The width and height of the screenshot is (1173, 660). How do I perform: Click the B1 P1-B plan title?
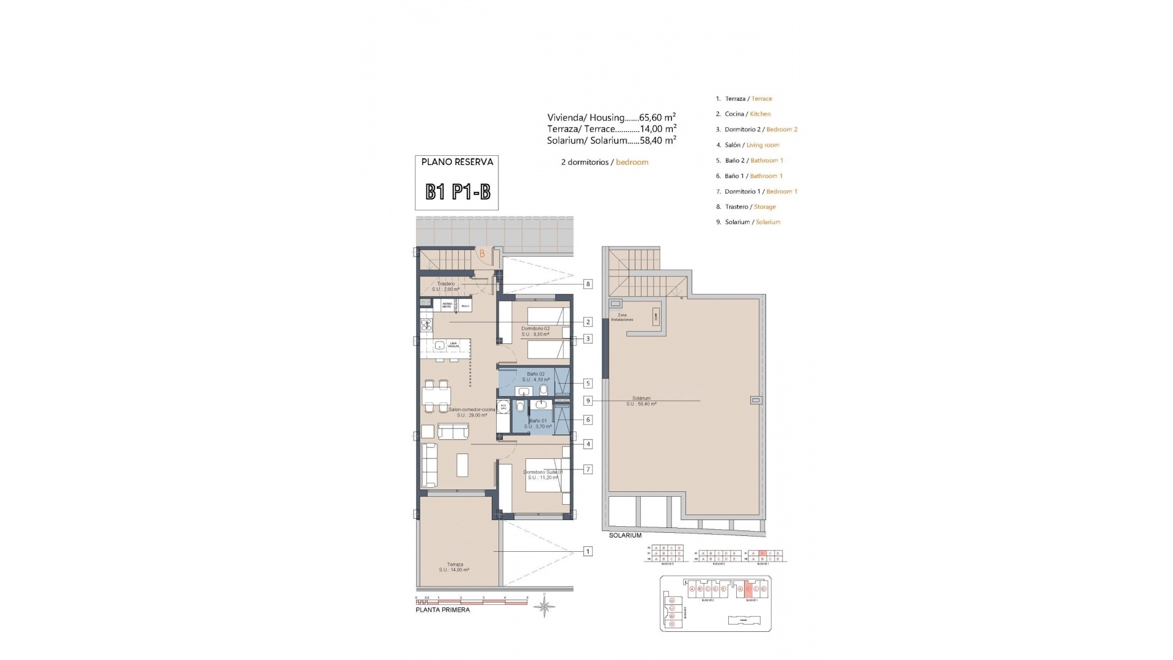[458, 193]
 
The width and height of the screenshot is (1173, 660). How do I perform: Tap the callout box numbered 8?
[588, 284]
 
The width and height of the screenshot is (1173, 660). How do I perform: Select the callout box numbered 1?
[588, 551]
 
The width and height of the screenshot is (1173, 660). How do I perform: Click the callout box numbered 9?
[588, 401]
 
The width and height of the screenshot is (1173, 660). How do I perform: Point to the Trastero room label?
[446, 286]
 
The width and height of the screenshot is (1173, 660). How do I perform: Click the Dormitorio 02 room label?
[536, 331]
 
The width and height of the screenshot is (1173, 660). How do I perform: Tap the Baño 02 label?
[536, 376]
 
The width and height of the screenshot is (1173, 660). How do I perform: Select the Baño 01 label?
[538, 424]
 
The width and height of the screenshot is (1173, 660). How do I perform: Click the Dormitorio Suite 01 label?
[543, 474]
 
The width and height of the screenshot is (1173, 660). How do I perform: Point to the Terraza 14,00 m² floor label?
[454, 567]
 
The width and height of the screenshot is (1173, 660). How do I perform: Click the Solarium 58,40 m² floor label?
[641, 401]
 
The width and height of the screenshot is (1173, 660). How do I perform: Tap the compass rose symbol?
[544, 606]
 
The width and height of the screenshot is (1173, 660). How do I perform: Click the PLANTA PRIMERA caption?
[442, 610]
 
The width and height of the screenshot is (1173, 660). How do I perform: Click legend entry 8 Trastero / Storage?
[750, 207]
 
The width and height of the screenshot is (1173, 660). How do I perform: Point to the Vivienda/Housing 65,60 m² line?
[611, 117]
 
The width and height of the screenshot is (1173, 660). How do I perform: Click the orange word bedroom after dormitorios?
[632, 162]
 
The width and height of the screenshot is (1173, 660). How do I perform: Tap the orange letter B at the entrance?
[482, 253]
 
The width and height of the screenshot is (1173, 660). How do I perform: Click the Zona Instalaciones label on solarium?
[622, 317]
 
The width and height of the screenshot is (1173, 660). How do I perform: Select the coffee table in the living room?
[462, 464]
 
